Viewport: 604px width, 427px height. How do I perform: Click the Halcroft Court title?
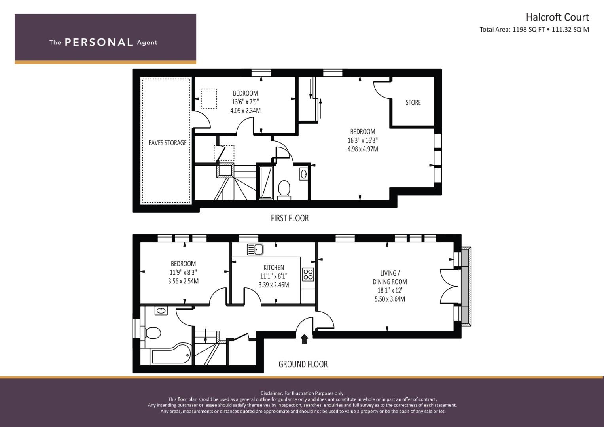(557, 17)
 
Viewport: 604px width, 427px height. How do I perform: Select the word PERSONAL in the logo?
(99, 42)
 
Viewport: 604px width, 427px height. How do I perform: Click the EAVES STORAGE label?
(167, 143)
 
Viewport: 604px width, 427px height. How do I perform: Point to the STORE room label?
(413, 102)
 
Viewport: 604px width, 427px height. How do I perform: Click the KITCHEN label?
(274, 267)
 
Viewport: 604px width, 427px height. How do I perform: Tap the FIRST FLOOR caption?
(290, 218)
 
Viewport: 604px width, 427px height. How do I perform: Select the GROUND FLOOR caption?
(303, 364)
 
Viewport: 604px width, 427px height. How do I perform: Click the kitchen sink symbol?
(255, 249)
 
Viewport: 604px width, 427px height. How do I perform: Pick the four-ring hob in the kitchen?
(308, 274)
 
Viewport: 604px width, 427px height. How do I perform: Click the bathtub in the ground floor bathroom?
(171, 354)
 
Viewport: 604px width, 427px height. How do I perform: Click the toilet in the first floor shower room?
(284, 189)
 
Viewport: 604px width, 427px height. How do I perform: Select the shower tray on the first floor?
(266, 183)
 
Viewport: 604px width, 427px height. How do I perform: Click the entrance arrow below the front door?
(304, 339)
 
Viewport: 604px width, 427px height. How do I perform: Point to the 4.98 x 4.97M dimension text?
(363, 149)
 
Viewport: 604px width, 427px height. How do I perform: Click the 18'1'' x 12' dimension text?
(390, 290)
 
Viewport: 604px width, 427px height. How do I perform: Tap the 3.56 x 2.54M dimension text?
(184, 281)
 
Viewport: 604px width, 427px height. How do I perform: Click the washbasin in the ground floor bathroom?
(161, 310)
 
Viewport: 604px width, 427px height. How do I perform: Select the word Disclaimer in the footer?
(272, 393)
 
